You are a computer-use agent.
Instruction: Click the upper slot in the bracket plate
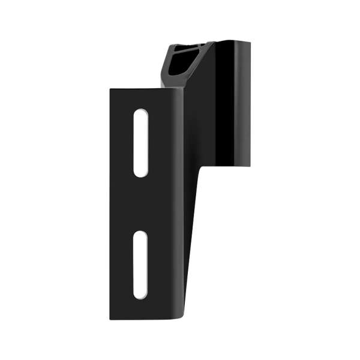click(141, 143)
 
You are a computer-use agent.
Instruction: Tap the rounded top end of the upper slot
click(141, 112)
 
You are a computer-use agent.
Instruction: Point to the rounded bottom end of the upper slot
click(141, 174)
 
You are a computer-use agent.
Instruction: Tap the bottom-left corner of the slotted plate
click(111, 319)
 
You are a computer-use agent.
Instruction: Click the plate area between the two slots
click(141, 204)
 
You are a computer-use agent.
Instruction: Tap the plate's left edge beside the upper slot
click(111, 143)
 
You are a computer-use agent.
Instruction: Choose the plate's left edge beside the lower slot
click(111, 265)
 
